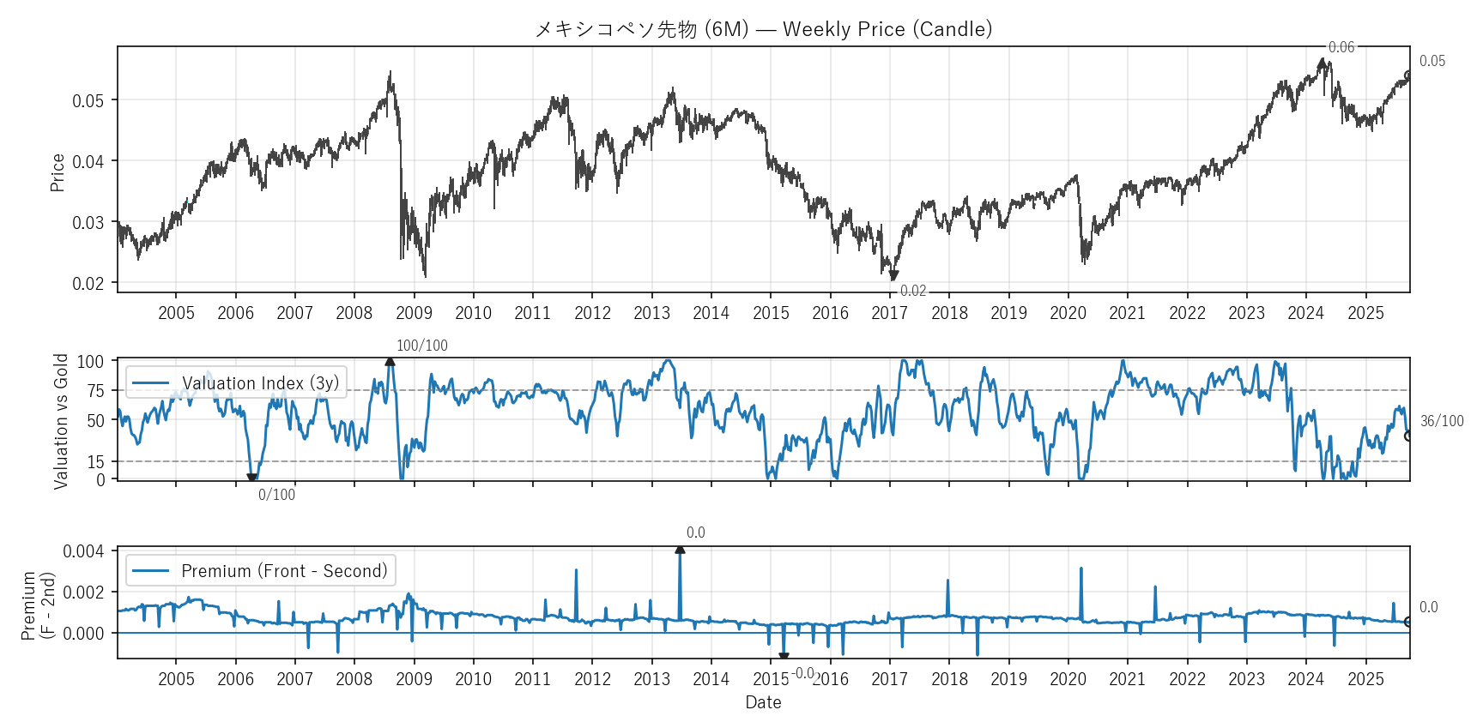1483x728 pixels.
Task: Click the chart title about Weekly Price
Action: pos(763,29)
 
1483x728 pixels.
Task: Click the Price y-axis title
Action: pos(58,172)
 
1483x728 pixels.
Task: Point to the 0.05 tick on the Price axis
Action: pos(88,101)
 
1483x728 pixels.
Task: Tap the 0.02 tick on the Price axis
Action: pos(88,284)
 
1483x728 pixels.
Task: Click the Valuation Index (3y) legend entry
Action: pos(260,383)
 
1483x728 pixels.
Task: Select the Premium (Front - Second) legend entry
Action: pos(283,571)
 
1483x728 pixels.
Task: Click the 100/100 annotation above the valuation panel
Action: pos(421,346)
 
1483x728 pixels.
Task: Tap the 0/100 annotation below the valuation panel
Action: pos(276,495)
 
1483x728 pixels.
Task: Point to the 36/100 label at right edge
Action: pos(1442,421)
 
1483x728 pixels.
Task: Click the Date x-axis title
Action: pos(763,702)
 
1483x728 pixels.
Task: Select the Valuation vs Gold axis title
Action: pos(61,421)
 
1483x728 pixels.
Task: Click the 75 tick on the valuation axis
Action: pos(95,391)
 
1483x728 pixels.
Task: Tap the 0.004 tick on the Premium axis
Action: pos(84,551)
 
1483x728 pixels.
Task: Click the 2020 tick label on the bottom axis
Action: pos(1068,679)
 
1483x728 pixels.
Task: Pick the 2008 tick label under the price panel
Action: pos(354,313)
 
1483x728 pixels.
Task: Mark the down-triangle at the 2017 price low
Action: pos(893,276)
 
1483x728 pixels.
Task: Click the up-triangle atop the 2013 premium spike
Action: pos(680,549)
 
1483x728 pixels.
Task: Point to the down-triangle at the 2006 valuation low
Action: pos(251,478)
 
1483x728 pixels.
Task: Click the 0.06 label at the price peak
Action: pos(1341,47)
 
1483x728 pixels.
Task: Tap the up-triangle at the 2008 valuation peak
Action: pos(390,362)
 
